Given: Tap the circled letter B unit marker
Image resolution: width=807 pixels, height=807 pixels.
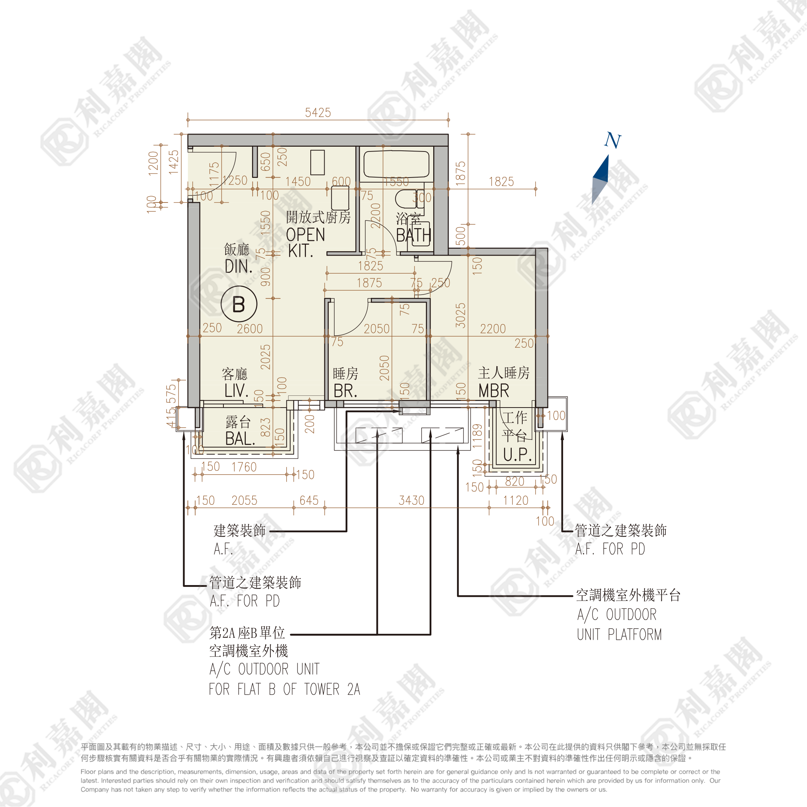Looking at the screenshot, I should coord(238,304).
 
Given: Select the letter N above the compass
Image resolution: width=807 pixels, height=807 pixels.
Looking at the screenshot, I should coord(612,140).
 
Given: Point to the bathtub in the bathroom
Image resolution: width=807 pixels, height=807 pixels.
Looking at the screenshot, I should coord(396,165).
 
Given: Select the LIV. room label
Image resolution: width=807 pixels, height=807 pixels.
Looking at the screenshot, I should coord(237,391).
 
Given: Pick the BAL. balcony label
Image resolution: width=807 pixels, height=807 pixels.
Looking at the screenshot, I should coord(240,439).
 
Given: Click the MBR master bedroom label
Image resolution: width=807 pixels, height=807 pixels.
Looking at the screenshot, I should coord(494,391).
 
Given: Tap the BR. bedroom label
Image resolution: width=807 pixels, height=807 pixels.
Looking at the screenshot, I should coord(345,391).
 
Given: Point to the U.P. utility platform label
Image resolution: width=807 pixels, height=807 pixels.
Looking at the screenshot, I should coord(517,455).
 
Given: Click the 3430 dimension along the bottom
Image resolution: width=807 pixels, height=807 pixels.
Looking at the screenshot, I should coord(412,500).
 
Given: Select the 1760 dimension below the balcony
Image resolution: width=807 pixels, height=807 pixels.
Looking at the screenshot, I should coord(244,467).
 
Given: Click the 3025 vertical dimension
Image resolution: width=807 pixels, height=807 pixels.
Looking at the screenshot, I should coord(460,315).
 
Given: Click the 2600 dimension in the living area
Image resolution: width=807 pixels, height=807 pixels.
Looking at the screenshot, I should coord(250,329).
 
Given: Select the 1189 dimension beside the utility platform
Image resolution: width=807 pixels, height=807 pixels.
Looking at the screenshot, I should coord(477,436).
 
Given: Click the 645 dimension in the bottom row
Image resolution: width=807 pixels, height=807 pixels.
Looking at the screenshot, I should coord(309,500).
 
